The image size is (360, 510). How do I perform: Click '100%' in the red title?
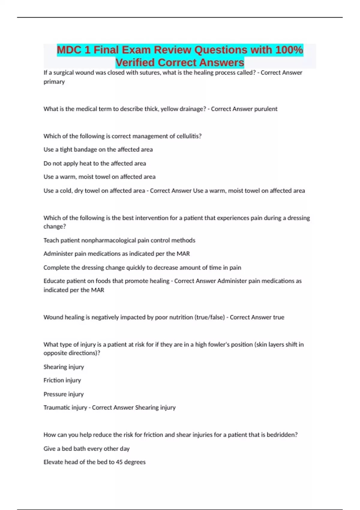click(x=289, y=50)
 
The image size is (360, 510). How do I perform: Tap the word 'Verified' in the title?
click(x=135, y=62)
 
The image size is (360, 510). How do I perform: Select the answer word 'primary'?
click(x=54, y=82)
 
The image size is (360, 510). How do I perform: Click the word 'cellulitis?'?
click(x=189, y=136)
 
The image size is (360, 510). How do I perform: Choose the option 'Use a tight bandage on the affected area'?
click(x=98, y=149)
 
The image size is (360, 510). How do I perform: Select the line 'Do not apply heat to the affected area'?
click(x=95, y=163)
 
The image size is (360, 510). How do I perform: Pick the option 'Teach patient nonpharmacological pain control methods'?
click(x=119, y=240)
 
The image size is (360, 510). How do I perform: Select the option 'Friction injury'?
click(x=62, y=380)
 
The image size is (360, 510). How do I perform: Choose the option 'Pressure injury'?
click(x=64, y=394)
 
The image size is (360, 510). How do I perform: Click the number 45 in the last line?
click(x=119, y=462)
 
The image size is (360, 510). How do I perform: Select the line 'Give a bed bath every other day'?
click(x=86, y=449)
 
